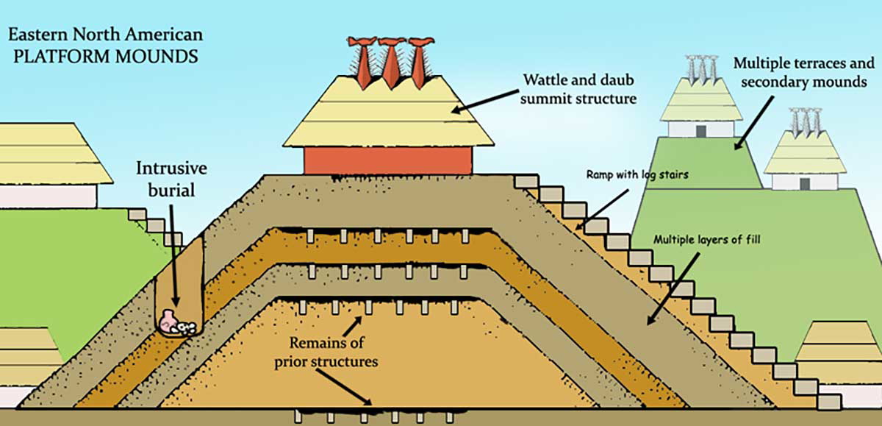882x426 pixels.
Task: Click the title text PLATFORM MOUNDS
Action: (102, 56)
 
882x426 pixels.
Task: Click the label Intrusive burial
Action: (171, 180)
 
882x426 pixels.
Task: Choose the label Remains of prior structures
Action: (326, 352)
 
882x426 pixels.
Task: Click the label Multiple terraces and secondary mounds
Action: (800, 72)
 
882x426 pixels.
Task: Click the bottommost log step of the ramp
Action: (829, 401)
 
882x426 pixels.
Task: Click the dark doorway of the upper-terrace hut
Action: (700, 130)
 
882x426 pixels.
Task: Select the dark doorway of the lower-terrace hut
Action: (804, 182)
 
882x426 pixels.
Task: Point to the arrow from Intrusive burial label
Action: (175, 258)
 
